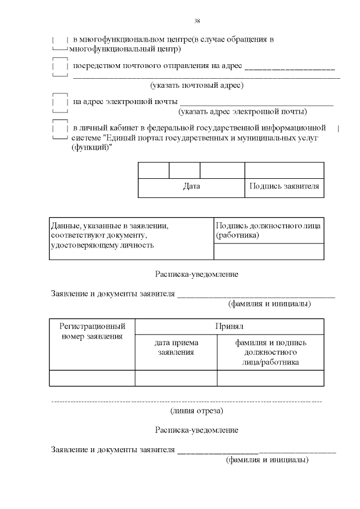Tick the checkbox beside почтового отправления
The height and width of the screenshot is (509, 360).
tap(60, 66)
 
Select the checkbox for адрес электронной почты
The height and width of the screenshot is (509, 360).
tap(60, 103)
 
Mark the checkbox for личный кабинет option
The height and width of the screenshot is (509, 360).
tap(60, 129)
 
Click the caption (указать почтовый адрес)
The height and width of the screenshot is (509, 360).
tap(196, 86)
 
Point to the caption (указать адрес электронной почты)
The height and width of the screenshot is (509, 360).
tap(242, 111)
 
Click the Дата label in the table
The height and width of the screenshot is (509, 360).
tap(191, 187)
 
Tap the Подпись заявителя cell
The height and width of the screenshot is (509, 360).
tap(284, 187)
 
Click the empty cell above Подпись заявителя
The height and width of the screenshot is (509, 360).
tap(284, 170)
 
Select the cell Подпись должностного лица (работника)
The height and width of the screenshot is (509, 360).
tap(268, 230)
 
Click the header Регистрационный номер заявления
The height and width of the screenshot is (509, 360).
tap(92, 331)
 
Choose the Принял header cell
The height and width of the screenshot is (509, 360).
tap(229, 326)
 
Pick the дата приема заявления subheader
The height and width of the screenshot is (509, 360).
tap(176, 347)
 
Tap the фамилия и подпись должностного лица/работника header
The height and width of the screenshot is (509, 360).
tap(271, 352)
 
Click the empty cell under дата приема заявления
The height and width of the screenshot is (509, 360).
tap(176, 378)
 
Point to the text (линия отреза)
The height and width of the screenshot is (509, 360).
tap(196, 411)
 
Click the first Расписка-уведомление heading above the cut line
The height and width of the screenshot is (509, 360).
tap(196, 274)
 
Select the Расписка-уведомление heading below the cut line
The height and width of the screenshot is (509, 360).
tap(196, 430)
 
